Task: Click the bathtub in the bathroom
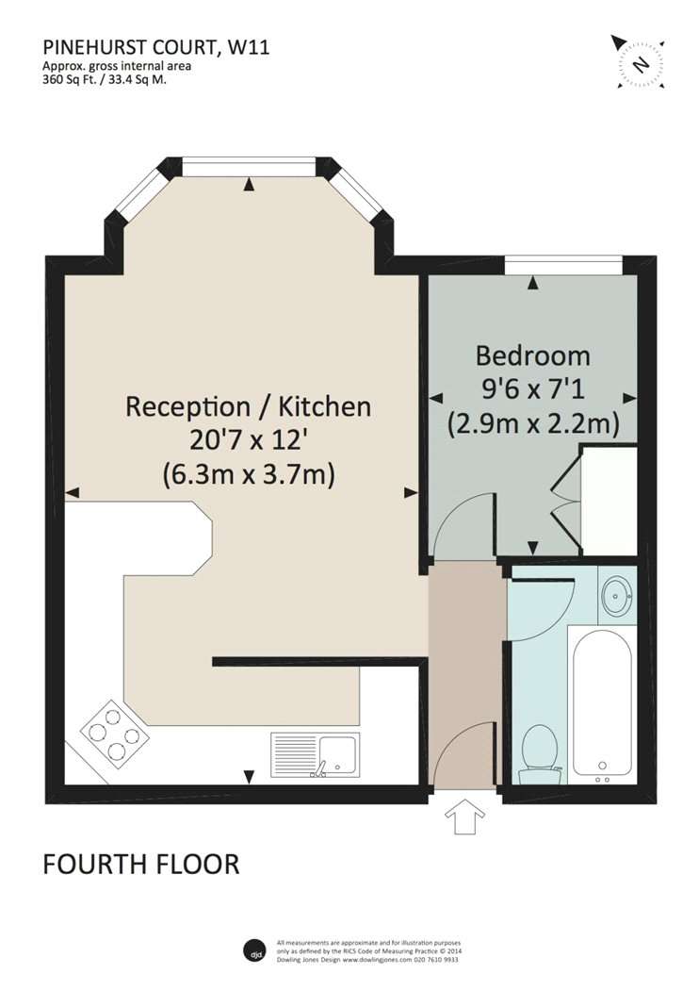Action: point(602,705)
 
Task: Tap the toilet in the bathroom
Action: point(539,754)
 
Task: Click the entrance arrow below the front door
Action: point(465,817)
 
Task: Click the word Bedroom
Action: point(533,356)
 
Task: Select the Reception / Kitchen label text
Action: point(249,406)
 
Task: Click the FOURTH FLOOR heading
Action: point(141,865)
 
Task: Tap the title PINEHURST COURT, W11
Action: point(156,47)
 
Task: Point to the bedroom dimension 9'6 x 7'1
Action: point(533,388)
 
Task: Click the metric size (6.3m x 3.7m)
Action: point(249,474)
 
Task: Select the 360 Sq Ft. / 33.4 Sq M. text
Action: point(105,79)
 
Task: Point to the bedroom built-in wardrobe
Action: point(609,502)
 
